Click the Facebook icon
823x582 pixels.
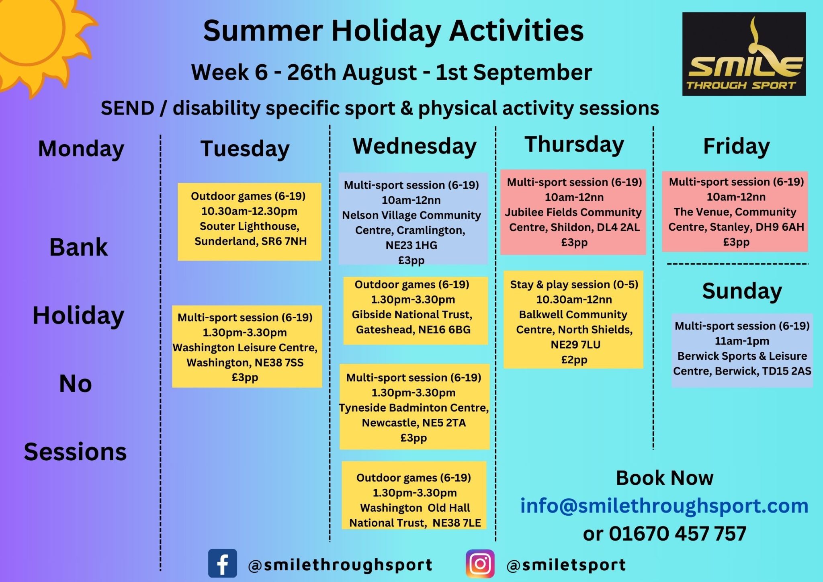[223, 563]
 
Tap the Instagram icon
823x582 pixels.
[480, 564]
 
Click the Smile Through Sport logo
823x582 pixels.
[744, 54]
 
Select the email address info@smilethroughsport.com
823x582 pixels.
[664, 506]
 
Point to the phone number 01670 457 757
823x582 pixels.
[678, 534]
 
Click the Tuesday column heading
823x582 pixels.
[245, 149]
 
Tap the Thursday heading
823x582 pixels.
[574, 145]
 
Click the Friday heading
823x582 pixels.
[736, 146]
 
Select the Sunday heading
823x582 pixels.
[742, 291]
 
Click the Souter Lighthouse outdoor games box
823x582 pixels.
[250, 222]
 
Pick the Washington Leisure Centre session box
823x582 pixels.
[247, 346]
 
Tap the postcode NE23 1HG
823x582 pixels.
[411, 245]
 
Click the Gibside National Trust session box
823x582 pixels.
[416, 310]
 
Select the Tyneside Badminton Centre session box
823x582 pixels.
[414, 406]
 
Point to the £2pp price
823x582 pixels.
[574, 360]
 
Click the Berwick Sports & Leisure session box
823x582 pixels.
[742, 350]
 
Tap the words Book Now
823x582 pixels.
[665, 478]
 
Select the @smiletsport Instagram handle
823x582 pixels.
[566, 565]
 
